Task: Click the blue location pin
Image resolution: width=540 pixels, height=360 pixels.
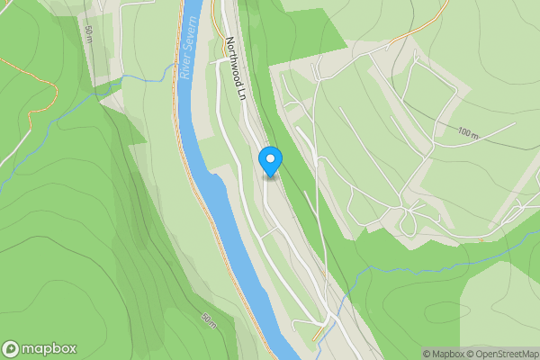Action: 270,161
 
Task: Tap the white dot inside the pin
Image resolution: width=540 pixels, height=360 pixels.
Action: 270,157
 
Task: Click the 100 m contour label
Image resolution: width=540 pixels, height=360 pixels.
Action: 469,132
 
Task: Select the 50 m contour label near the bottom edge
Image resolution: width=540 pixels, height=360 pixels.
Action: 210,319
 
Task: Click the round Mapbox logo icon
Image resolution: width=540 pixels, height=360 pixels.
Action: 12,348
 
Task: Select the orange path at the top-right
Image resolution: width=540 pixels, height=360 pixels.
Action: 423,27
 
